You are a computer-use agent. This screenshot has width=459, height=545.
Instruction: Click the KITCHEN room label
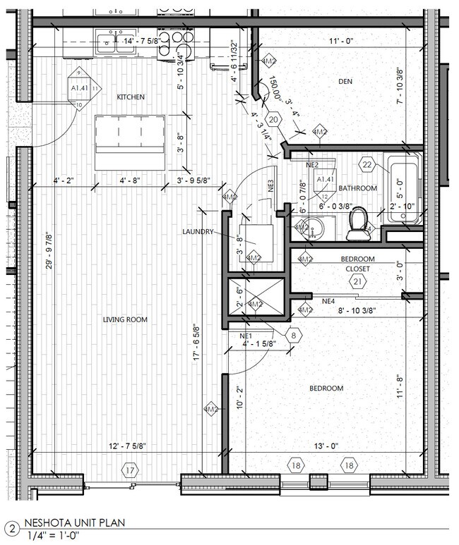[x=131, y=97]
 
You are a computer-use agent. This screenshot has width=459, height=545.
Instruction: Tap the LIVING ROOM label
[x=125, y=319]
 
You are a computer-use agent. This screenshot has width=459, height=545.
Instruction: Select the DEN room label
[x=345, y=82]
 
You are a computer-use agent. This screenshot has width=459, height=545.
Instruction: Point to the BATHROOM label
[x=357, y=188]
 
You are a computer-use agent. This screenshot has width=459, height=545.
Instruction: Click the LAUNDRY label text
[x=198, y=231]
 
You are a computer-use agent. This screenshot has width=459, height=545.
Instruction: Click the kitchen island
[x=130, y=142]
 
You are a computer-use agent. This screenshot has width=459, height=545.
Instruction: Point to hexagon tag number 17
[x=129, y=470]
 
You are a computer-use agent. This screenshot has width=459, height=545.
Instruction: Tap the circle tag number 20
[x=274, y=120]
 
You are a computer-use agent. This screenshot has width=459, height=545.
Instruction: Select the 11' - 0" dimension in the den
[x=341, y=42]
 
